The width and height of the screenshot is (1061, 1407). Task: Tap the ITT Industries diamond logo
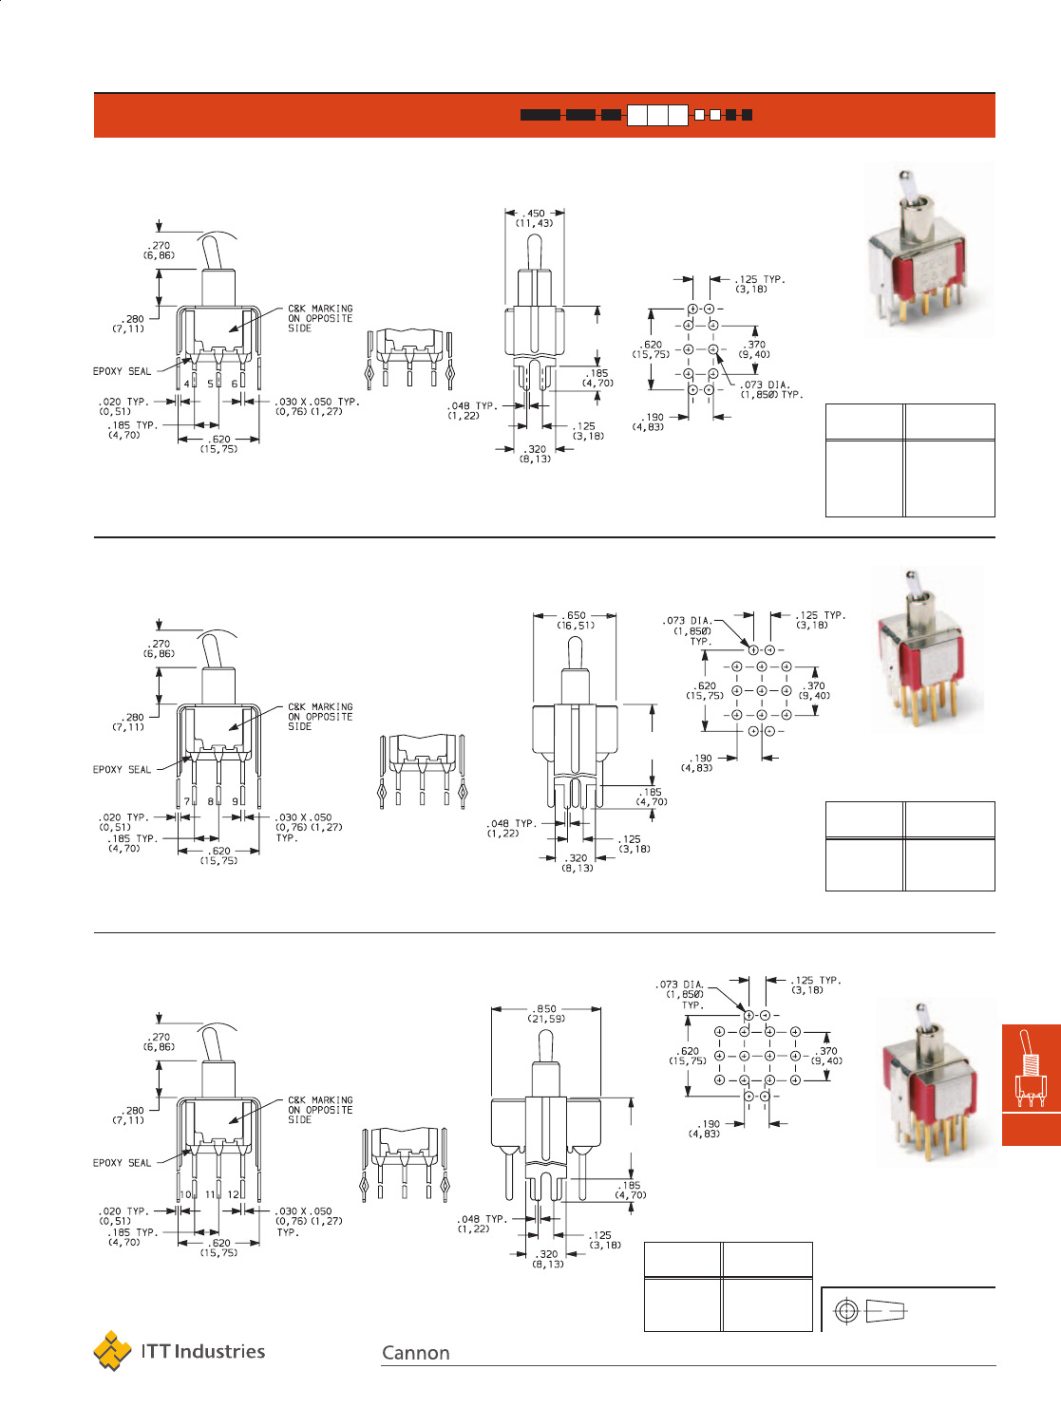tap(112, 1351)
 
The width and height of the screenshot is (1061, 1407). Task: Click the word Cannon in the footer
tap(415, 1353)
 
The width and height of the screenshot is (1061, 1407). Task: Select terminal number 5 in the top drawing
tap(210, 384)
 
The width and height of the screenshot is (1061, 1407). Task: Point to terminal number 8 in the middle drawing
tap(210, 801)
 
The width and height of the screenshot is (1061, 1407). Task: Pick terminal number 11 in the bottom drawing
tap(210, 1194)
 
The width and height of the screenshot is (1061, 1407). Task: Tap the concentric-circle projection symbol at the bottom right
tap(846, 1310)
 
